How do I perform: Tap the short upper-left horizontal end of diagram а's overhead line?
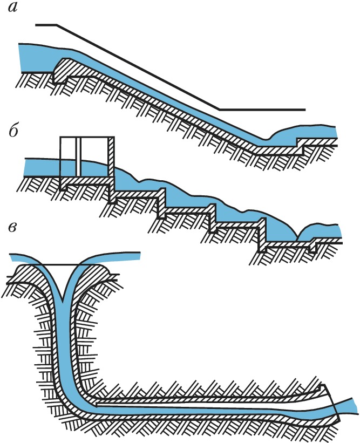click(46, 25)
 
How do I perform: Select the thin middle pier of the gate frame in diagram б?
click(78, 156)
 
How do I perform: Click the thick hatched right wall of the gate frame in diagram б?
click(112, 159)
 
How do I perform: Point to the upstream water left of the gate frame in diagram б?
click(40, 168)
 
